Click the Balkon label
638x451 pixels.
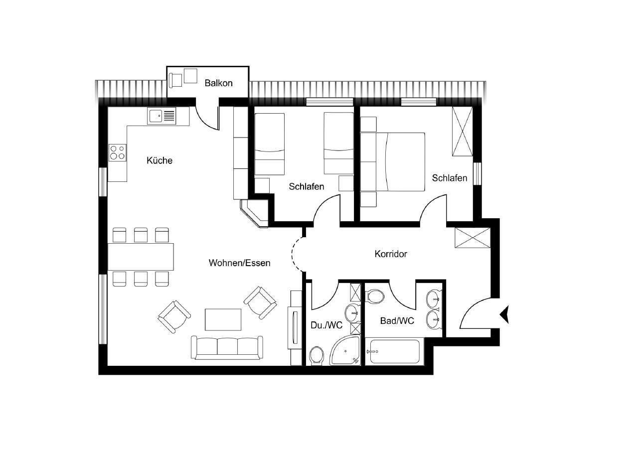tap(218, 83)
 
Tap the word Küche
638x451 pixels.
tap(159, 160)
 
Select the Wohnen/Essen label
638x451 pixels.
tap(240, 263)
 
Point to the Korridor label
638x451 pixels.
tap(391, 254)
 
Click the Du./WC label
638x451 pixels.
tap(326, 325)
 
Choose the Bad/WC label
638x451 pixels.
tap(397, 321)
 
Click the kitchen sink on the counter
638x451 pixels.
tap(161, 116)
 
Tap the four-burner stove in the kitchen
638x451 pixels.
tap(118, 152)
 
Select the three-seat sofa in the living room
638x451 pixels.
tap(227, 348)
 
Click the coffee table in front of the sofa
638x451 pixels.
tap(223, 320)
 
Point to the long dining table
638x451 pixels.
tap(141, 257)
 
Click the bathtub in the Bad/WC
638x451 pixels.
tap(395, 352)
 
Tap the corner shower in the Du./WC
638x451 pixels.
tap(345, 351)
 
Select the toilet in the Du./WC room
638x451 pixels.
tap(317, 356)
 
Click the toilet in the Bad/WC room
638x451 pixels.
tap(375, 297)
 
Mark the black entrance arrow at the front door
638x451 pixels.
tap(505, 314)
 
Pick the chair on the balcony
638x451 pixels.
tap(175, 80)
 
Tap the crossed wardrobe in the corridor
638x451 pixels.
tap(473, 238)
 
